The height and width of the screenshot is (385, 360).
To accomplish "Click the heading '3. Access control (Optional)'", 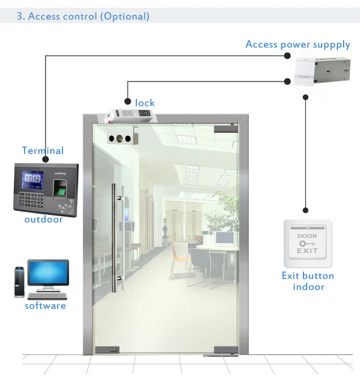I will coord(83,16).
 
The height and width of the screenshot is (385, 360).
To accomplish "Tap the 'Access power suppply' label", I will coord(298,45).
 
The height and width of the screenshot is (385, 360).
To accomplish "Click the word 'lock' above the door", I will coord(145,103).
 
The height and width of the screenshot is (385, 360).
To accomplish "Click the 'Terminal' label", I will coord(43,150).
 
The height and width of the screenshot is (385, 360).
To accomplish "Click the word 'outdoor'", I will coord(44,219).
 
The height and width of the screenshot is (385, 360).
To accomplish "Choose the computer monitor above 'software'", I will coord(48,274).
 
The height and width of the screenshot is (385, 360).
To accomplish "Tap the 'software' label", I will coord(45,306).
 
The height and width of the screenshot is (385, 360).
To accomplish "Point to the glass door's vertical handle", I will coord(115,238).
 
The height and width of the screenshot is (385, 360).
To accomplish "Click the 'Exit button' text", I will coord(308,276).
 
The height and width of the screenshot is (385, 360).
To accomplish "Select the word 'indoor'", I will coord(309,287).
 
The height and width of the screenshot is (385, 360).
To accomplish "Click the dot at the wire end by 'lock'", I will coord(128,101).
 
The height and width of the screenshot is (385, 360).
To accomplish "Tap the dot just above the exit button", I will coord(306,210).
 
